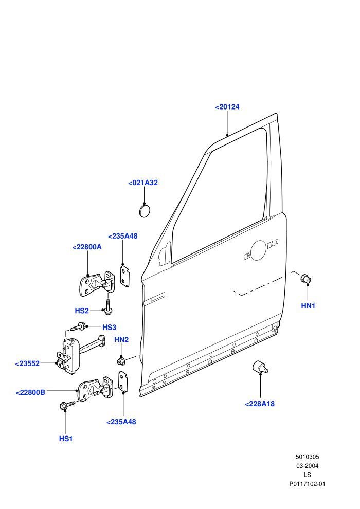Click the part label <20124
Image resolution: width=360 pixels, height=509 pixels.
[x=227, y=107]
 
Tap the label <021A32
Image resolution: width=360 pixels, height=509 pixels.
[x=143, y=183]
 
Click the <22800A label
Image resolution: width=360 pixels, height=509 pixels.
[x=87, y=247]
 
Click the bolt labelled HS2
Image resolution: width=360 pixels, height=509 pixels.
[x=108, y=307]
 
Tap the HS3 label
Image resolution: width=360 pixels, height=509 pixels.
[x=110, y=327]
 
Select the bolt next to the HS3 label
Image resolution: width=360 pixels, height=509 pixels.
[x=78, y=326]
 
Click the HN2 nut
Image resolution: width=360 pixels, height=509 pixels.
[x=121, y=360]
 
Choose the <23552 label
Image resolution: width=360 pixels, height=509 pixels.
[x=27, y=363]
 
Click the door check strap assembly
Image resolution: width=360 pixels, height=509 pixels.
[x=81, y=354]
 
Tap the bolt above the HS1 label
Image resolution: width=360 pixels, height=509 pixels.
[x=67, y=405]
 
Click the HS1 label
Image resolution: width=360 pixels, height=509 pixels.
[x=66, y=439]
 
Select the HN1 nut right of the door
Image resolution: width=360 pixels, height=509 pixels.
[x=306, y=279]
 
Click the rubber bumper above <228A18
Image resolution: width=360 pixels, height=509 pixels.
[x=260, y=367]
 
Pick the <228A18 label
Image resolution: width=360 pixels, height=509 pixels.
[x=260, y=404]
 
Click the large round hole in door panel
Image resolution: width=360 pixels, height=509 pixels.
[x=259, y=250]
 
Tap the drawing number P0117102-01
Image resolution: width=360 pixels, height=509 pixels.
[x=307, y=484]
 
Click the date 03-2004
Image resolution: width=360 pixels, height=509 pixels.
[x=307, y=466]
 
